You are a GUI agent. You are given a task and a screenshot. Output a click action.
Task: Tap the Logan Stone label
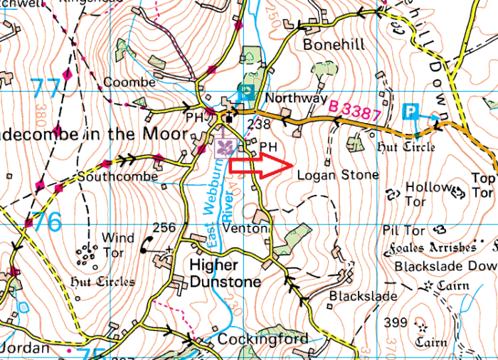pos(338,174)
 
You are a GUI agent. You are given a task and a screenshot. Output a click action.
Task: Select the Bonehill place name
pos(334,44)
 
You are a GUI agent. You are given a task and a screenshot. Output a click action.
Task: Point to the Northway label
pos(295,98)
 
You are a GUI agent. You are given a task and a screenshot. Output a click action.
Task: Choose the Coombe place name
pos(129,83)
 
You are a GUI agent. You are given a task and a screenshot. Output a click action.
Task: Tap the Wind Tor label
pos(117,244)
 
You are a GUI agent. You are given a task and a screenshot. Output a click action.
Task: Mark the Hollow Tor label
pos(427,194)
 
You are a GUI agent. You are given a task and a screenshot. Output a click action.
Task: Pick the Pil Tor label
pos(403,231)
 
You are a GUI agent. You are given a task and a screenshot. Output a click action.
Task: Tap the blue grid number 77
pos(46,90)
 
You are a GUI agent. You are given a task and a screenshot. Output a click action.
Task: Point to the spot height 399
pos(396,322)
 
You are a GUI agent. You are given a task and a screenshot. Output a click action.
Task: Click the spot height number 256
pos(164,228)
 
